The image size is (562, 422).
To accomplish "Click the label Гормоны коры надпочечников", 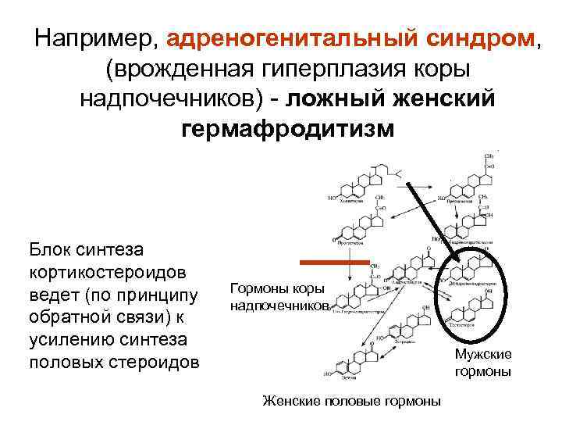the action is tap(277, 297).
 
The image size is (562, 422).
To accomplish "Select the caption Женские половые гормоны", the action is tap(351, 401).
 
